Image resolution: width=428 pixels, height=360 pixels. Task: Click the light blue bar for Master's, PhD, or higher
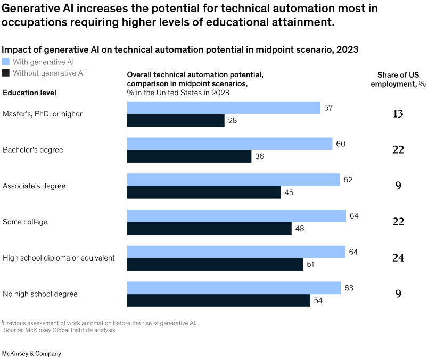tap(224, 108)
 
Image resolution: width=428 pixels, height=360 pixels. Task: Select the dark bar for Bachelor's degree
tap(189, 156)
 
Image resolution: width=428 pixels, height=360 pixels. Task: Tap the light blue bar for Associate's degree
tap(233, 180)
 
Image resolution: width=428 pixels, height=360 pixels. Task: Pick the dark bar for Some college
tap(209, 228)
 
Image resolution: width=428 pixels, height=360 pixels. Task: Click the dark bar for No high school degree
tap(218, 300)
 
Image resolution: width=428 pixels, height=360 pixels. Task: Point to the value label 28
tap(232, 120)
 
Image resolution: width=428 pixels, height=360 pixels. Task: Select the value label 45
tap(289, 192)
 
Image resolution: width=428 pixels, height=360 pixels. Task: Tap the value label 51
tap(311, 264)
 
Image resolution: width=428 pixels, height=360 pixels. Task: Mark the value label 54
tap(318, 300)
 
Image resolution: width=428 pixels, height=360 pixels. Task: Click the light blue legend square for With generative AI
tap(6, 62)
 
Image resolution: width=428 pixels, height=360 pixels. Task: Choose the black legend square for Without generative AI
tap(6, 73)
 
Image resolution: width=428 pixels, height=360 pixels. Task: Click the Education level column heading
tap(30, 93)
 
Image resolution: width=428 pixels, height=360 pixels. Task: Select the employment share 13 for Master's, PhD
tap(398, 114)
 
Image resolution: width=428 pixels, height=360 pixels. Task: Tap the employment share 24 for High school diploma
tap(398, 258)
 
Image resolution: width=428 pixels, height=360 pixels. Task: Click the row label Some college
tap(25, 222)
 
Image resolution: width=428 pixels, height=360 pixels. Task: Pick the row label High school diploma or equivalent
tap(59, 258)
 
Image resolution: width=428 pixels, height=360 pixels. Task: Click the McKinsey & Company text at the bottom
tap(32, 354)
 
